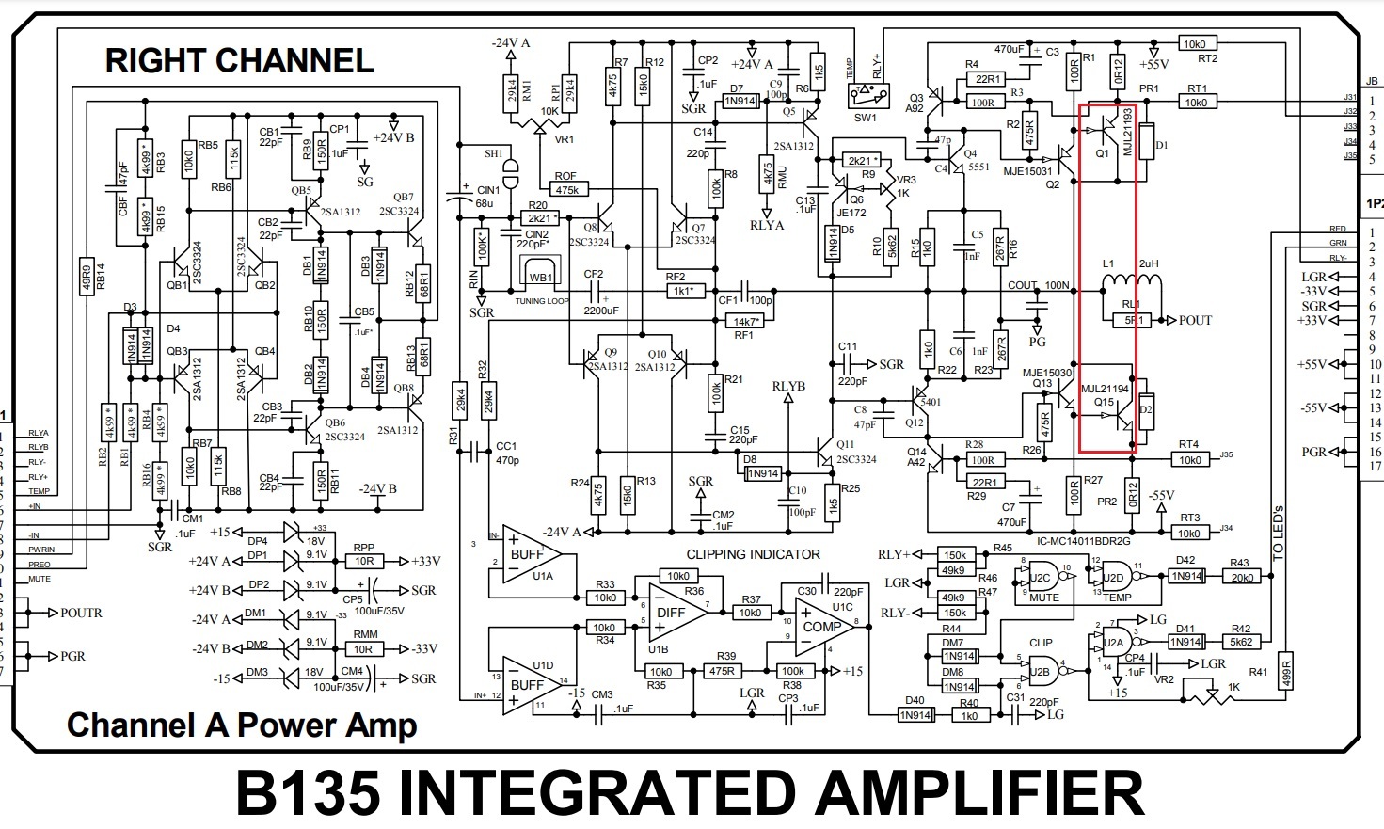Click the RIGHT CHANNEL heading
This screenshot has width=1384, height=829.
pos(240,61)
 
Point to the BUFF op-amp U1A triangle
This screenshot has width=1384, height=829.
pos(527,554)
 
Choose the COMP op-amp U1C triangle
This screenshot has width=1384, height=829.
pos(819,626)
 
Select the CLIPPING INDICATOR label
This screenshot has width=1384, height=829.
pos(753,554)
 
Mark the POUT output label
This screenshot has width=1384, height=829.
pos(1195,320)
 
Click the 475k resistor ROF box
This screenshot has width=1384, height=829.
pos(566,190)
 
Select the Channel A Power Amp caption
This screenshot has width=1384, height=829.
pos(242,725)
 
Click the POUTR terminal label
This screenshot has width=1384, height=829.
pos(81,613)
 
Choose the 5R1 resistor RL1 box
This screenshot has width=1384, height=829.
pos(1133,320)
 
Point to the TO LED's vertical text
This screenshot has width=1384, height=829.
pos(1277,533)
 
